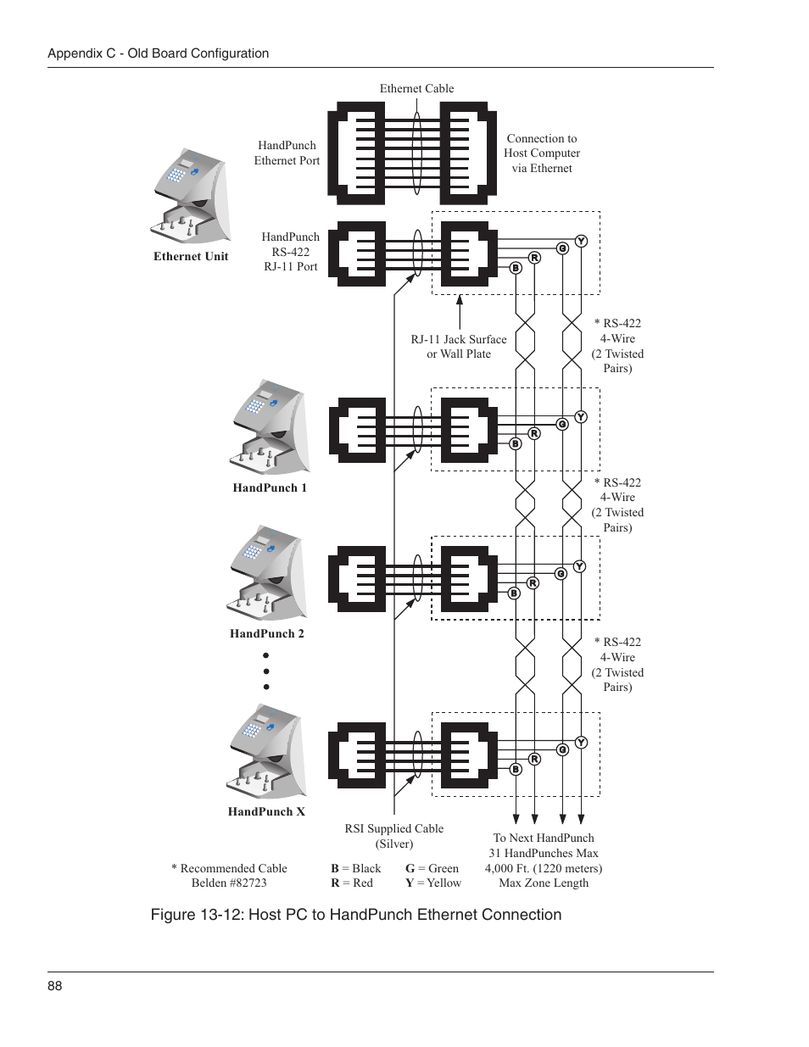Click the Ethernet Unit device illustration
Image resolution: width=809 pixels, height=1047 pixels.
pos(192,197)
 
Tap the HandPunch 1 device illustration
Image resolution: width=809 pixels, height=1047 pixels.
pos(269,427)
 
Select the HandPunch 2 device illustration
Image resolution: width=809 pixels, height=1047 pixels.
pos(266,573)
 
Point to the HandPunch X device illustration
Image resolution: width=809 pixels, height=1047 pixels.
pos(266,752)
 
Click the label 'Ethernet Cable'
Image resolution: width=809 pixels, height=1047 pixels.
pos(416,88)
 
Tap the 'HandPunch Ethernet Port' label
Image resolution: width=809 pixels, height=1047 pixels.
pos(287,153)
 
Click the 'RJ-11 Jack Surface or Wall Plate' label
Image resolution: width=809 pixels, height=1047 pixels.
pos(459,347)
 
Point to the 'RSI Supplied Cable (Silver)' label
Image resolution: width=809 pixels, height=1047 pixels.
pos(394,836)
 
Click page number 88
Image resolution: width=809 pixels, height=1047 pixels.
pos(55,985)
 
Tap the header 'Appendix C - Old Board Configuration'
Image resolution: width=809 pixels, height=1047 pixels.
pos(159,53)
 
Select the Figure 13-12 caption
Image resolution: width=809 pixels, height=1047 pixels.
pos(356,915)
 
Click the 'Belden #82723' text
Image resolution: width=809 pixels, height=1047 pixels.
pos(229,883)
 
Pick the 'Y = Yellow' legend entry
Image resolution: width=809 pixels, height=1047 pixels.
pos(433,883)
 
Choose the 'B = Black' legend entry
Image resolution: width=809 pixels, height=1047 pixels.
pos(356,868)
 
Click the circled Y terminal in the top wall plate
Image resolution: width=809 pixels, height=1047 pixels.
pos(581,242)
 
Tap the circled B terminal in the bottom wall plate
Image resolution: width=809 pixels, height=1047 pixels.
pos(516,770)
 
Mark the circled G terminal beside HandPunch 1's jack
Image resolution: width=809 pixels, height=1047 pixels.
pos(562,424)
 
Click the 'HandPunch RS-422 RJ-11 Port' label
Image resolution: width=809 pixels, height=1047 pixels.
pos(291,252)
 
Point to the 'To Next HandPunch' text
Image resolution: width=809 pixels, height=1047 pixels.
pos(544,838)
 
